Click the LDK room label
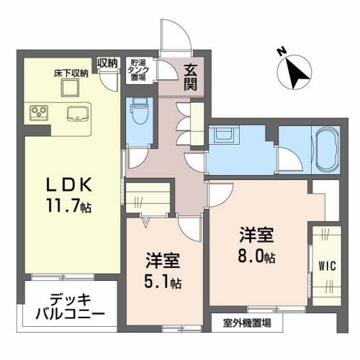(69, 184)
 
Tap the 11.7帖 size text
(69, 206)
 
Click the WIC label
(327, 266)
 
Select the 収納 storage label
(107, 63)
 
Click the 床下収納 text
(71, 73)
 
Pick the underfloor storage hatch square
(70, 88)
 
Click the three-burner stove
(39, 112)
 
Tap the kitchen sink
(78, 114)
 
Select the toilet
(140, 111)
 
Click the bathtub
(327, 150)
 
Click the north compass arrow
(297, 74)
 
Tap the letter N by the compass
(282, 52)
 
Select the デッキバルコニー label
(70, 307)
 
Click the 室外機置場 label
(247, 323)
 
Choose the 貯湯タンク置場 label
(138, 70)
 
